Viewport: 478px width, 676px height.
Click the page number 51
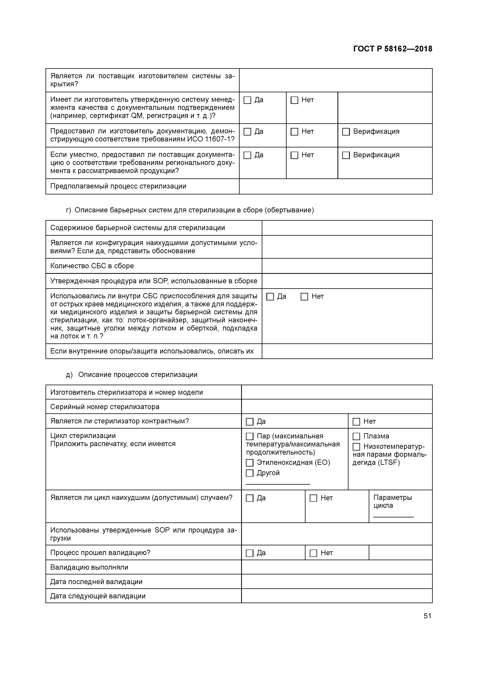[x=427, y=616]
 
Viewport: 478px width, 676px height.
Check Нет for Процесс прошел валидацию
[x=313, y=553]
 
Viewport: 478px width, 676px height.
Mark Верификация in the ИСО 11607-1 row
[x=346, y=132]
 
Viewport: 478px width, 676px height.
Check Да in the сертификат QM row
[x=247, y=100]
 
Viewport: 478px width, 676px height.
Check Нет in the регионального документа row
[x=294, y=155]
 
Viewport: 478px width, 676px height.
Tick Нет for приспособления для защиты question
[x=304, y=297]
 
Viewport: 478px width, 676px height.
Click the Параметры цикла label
[x=392, y=501]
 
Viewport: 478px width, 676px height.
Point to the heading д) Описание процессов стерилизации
[x=131, y=374]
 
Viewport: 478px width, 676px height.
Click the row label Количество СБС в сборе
[x=92, y=266]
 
